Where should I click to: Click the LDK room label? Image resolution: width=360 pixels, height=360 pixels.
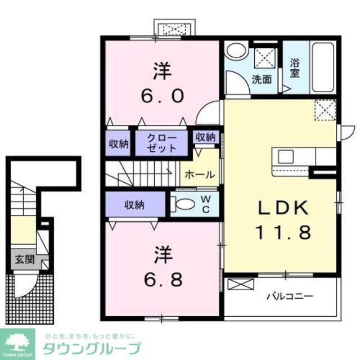[283, 209]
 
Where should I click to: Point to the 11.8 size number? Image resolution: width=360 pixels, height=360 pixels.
[283, 232]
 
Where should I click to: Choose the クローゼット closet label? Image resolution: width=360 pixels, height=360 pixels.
[162, 143]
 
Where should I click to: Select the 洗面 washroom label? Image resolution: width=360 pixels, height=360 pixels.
[262, 79]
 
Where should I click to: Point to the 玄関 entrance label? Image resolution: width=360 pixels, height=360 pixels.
[24, 259]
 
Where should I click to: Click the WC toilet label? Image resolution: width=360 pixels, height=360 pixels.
[206, 205]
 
